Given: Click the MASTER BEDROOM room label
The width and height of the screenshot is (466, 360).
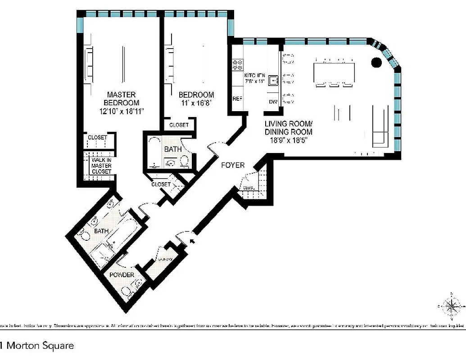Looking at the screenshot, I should pyautogui.click(x=121, y=99).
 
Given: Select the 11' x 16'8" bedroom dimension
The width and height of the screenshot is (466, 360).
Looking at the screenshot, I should pyautogui.click(x=196, y=103).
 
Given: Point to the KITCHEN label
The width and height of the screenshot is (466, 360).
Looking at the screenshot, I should pyautogui.click(x=254, y=75).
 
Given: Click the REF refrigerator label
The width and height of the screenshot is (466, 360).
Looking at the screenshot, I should pyautogui.click(x=237, y=99).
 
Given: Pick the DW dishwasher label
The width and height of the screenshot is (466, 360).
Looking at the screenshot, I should pyautogui.click(x=273, y=102).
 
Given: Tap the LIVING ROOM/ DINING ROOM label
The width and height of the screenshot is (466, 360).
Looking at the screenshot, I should pyautogui.click(x=288, y=128).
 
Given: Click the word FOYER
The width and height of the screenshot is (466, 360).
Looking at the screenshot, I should pyautogui.click(x=233, y=165).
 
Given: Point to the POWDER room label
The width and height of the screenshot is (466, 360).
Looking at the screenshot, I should pyautogui.click(x=122, y=275).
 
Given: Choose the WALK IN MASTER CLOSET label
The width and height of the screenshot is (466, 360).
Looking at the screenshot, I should pyautogui.click(x=102, y=166).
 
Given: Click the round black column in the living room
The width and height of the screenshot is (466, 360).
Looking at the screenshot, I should pyautogui.click(x=376, y=63).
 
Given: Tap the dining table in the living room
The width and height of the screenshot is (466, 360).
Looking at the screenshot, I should pyautogui.click(x=334, y=72).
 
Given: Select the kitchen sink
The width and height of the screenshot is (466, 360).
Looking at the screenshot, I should pyautogui.click(x=273, y=81).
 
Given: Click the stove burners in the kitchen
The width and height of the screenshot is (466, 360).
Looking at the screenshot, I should pyautogui.click(x=237, y=65).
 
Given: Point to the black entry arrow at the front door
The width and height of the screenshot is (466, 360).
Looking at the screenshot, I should pyautogui.click(x=193, y=242).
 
